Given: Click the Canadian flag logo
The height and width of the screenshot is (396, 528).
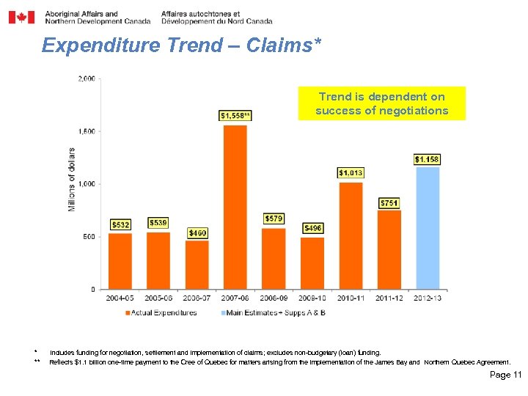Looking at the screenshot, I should [21, 17].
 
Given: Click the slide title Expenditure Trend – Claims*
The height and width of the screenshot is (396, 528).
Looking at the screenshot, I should [181, 45].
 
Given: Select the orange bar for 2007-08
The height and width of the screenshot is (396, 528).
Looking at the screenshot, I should [235, 207].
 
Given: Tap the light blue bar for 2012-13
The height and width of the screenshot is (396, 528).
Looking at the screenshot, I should [428, 228].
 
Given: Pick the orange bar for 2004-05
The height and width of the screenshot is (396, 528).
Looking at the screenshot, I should [120, 261].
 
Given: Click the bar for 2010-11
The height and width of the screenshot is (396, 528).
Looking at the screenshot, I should [351, 235].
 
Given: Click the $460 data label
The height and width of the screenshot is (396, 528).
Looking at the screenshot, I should [197, 232].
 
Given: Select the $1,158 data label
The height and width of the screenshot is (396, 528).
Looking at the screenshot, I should [428, 159].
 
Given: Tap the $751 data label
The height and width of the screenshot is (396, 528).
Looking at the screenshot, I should [389, 202].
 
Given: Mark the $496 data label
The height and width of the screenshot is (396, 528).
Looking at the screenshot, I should [312, 228].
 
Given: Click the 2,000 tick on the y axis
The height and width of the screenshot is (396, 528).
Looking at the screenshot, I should [87, 78].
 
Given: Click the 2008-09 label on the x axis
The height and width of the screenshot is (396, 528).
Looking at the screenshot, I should [274, 298].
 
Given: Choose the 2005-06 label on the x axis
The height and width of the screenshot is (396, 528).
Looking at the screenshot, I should [158, 298].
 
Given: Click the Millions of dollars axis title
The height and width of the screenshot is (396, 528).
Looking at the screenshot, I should [72, 180].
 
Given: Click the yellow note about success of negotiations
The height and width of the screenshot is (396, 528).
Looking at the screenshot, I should [381, 103].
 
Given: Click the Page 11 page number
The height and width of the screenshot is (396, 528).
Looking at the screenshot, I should [505, 375].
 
